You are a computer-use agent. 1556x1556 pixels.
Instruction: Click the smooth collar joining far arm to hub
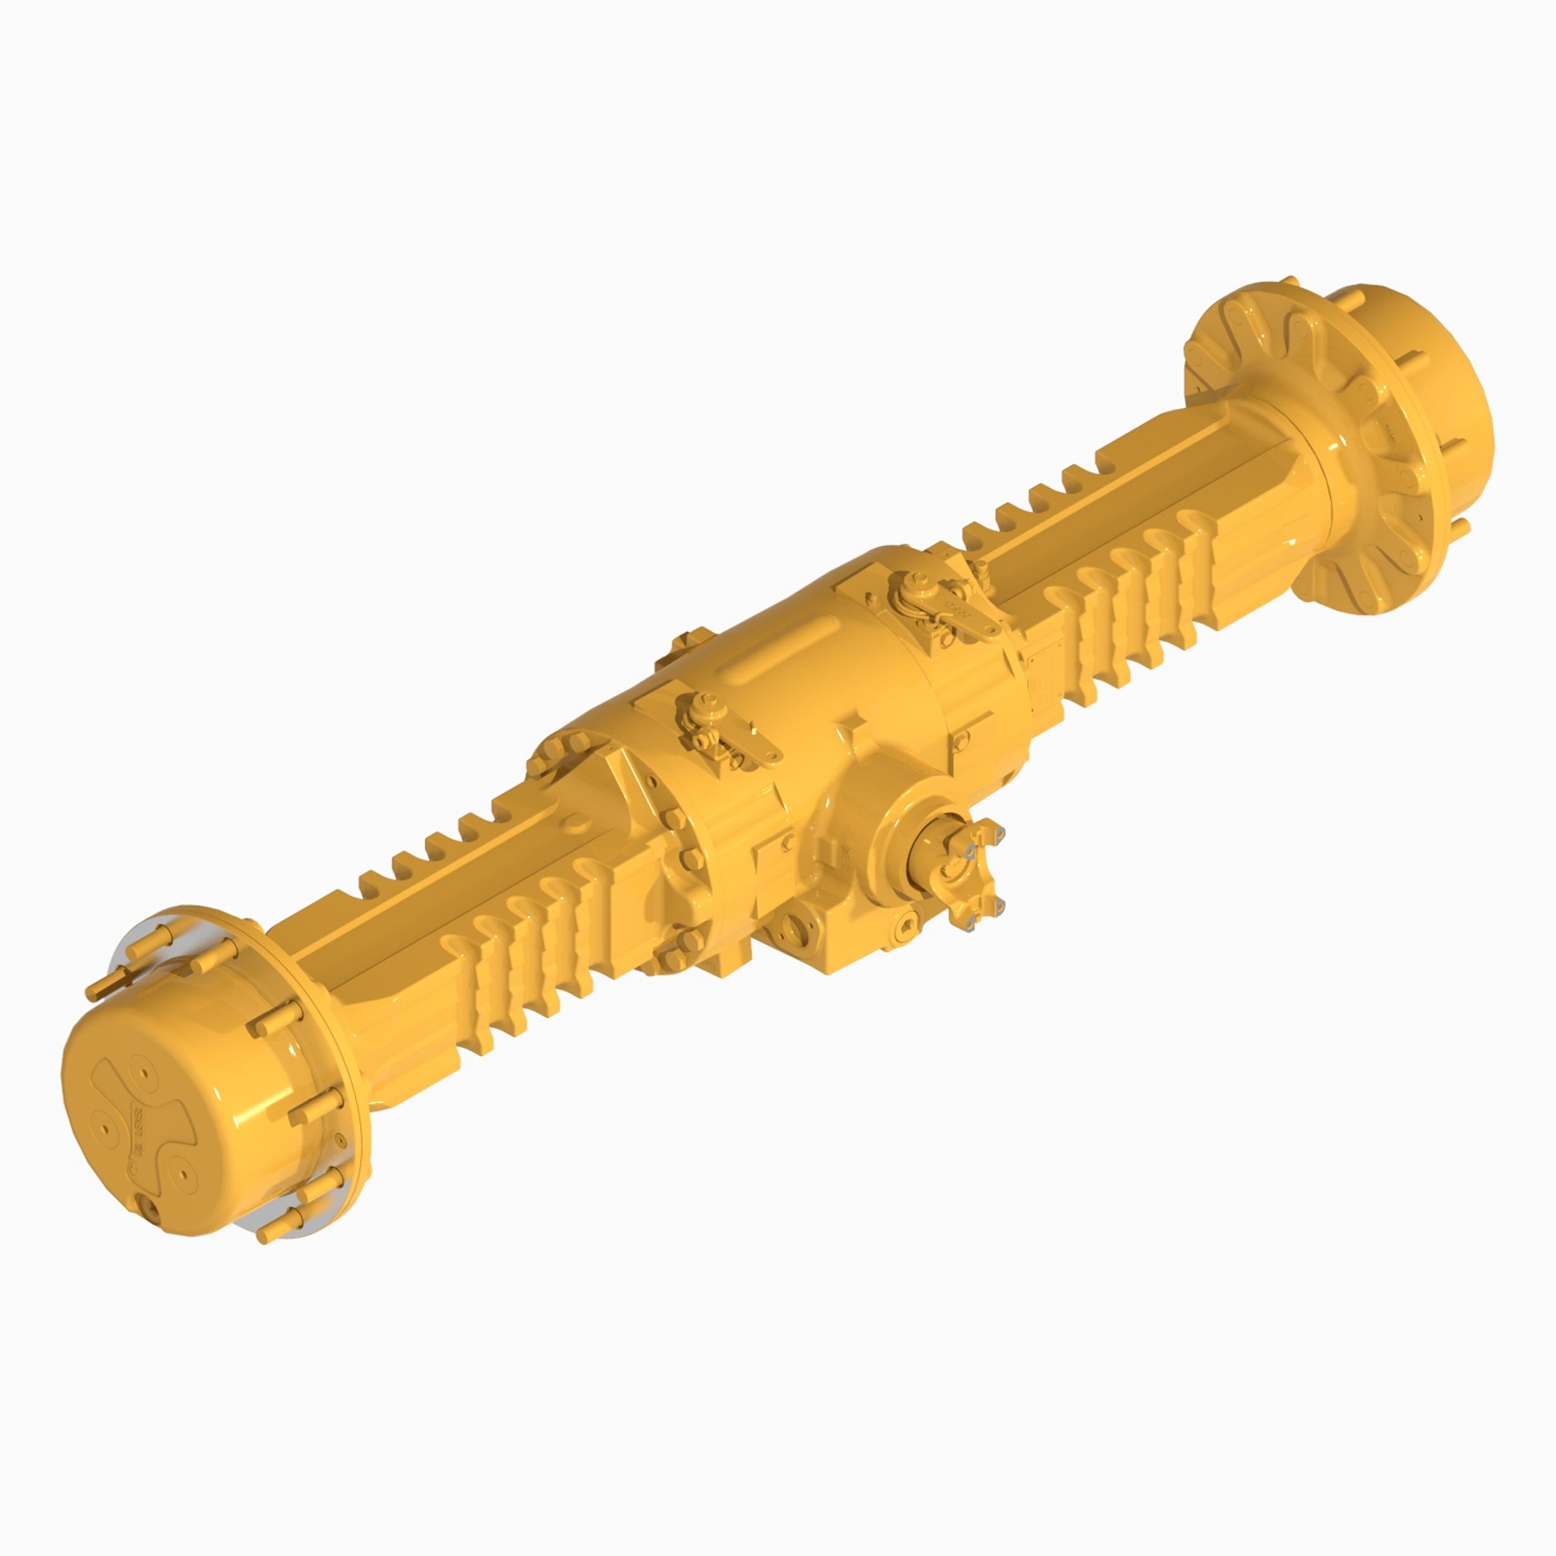pos(1288,475)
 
